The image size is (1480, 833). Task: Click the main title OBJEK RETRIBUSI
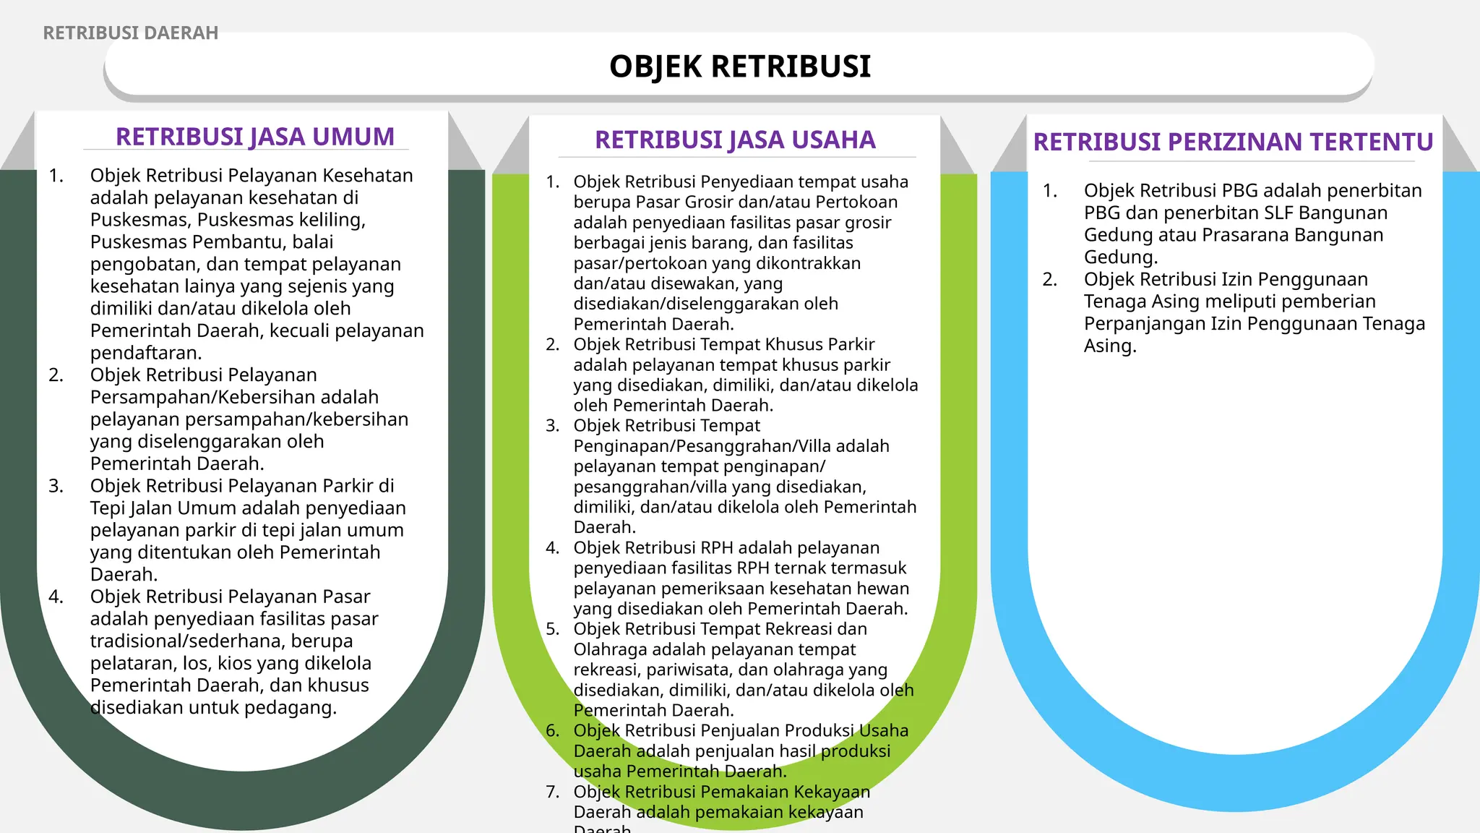pyautogui.click(x=740, y=67)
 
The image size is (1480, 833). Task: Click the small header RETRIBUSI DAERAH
pyautogui.click(x=130, y=33)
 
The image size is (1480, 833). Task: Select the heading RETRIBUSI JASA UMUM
pyautogui.click(x=255, y=137)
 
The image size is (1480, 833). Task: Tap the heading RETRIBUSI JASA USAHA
pyautogui.click(x=735, y=140)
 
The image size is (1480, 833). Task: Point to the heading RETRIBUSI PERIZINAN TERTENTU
pyautogui.click(x=1233, y=142)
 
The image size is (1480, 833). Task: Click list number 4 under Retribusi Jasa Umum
pyautogui.click(x=56, y=597)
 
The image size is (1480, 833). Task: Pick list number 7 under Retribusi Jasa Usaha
pyautogui.click(x=553, y=792)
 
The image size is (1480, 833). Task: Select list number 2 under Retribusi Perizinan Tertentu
pyautogui.click(x=1049, y=280)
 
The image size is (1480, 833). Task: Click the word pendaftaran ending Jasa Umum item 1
pyautogui.click(x=145, y=353)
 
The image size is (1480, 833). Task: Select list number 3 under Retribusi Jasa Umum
pyautogui.click(x=56, y=486)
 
